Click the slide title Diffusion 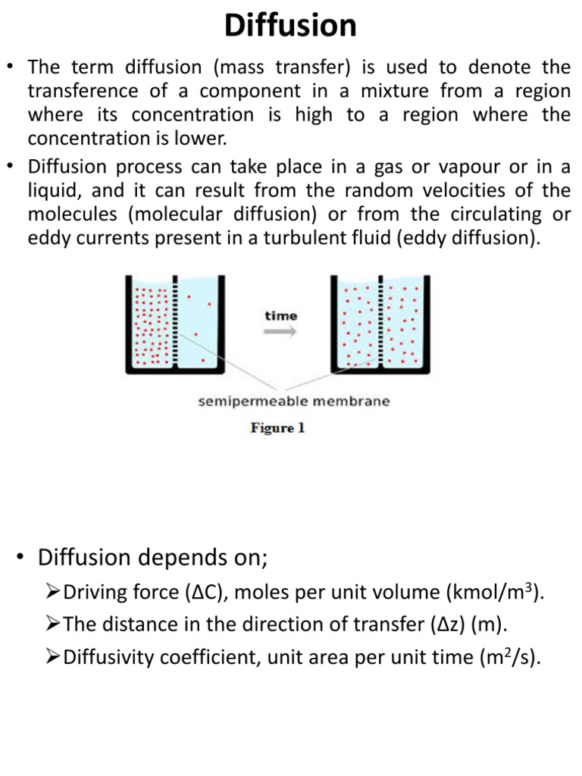(291, 27)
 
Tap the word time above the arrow (280, 315)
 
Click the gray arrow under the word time (280, 331)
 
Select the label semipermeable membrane (294, 401)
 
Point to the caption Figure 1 (277, 428)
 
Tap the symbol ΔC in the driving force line (200, 593)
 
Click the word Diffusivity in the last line (108, 657)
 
